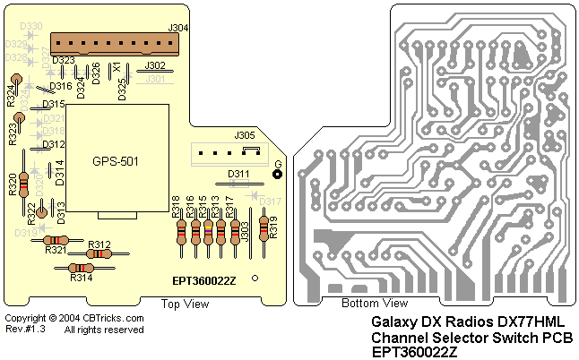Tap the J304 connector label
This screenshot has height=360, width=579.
tap(177, 29)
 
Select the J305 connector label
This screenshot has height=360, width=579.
tap(245, 135)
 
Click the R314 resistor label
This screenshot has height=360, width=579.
tap(82, 279)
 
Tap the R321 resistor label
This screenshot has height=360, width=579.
tap(56, 251)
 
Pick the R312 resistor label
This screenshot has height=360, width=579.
tap(99, 244)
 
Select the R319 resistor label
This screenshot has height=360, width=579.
tap(273, 227)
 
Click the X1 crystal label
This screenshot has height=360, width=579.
tap(116, 67)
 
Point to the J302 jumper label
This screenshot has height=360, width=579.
tap(154, 65)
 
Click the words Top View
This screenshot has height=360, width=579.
tap(184, 304)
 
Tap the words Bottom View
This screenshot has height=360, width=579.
tap(374, 304)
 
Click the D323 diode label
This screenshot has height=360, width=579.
tap(64, 61)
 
